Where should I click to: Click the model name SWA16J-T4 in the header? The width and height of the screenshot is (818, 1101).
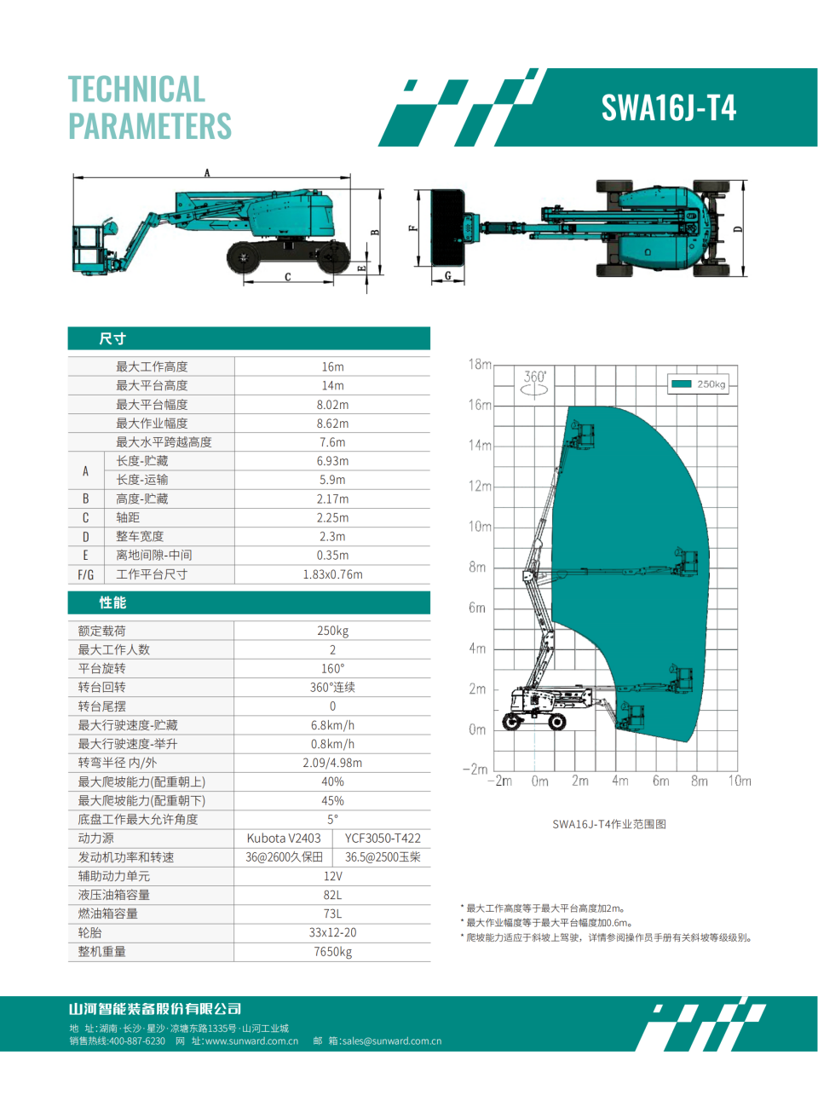668,108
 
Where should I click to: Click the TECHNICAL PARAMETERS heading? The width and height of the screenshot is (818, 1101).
149,107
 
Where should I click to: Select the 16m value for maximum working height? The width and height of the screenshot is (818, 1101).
332,366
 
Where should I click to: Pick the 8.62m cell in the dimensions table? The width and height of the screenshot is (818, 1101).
332,424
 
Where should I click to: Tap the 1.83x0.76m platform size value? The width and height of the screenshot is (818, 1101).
332,574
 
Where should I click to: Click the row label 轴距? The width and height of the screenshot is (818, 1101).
128,517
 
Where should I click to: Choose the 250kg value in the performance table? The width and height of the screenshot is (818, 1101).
332,631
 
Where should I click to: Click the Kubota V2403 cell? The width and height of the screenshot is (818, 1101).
284,838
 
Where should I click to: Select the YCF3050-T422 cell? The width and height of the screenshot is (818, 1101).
383,838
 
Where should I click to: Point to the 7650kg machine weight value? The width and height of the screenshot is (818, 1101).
332,951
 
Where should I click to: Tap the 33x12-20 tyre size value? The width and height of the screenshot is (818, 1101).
332,932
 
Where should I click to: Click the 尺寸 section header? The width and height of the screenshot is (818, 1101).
112,338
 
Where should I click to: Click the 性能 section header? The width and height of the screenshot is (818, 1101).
112,602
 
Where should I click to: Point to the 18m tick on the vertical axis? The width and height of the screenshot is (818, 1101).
480,364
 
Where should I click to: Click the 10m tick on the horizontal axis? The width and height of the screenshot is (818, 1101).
739,781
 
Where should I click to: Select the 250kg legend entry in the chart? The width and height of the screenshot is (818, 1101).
699,384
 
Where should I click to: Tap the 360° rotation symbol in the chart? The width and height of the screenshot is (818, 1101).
535,383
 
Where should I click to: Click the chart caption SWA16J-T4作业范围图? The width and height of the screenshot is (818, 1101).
609,824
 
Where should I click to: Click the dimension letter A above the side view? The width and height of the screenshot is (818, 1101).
207,173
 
